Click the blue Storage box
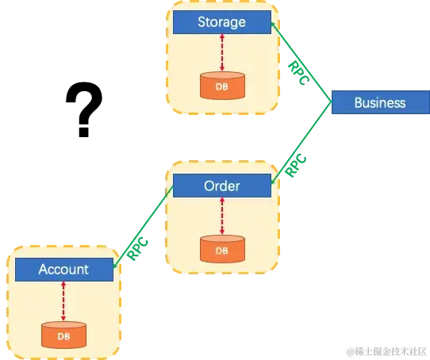[x=221, y=22]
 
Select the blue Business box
[x=380, y=102]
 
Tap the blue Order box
[x=221, y=186]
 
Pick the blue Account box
[x=63, y=270]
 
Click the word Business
[x=380, y=102]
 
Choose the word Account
[x=63, y=270]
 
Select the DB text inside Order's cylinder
[x=221, y=251]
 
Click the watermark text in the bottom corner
[x=385, y=349]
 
